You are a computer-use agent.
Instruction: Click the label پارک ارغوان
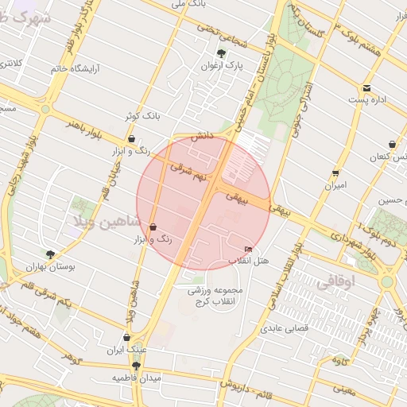(x=222, y=67)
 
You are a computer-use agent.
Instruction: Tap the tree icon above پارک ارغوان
(x=222, y=54)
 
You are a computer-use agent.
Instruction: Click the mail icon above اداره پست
(x=366, y=87)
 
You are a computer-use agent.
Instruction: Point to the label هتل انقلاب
(x=249, y=261)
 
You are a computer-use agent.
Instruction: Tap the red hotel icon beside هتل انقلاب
(x=249, y=250)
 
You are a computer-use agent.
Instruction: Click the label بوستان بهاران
(x=51, y=268)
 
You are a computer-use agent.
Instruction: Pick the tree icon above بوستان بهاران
(x=51, y=254)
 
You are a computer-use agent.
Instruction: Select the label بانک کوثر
(x=142, y=116)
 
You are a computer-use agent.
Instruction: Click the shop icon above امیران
(x=335, y=172)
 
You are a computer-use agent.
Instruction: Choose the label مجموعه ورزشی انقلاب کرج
(x=214, y=296)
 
